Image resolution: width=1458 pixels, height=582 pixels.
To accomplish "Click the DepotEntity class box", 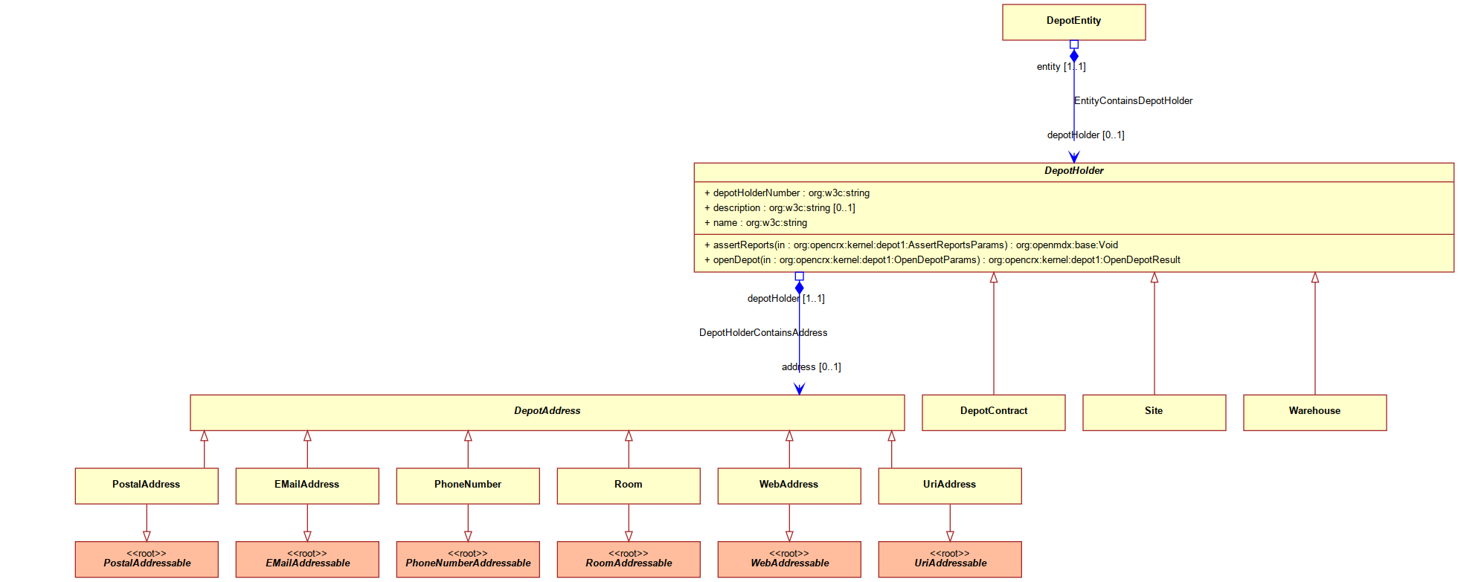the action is [x=1073, y=22].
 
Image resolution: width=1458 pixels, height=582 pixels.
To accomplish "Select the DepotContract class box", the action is [x=993, y=413].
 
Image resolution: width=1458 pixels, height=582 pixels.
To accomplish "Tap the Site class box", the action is [x=1154, y=413].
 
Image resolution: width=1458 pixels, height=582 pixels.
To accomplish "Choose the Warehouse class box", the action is [x=1314, y=413].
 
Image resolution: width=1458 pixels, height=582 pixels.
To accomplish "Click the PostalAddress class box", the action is [x=147, y=486].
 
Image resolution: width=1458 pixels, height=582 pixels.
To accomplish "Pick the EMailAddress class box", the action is [x=307, y=486].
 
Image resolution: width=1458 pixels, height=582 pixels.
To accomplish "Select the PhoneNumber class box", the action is [x=468, y=486].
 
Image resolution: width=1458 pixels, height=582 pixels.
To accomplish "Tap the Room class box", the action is [x=629, y=486].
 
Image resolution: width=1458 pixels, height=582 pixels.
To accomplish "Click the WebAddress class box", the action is [x=789, y=486].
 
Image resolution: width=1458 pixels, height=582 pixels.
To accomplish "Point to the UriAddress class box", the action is [x=950, y=486].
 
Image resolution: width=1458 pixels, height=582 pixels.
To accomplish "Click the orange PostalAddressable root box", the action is [x=147, y=560].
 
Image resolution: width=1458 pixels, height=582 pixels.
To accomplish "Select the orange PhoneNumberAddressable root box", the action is [x=468, y=560].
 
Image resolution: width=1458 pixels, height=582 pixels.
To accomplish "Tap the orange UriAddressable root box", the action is [x=950, y=560].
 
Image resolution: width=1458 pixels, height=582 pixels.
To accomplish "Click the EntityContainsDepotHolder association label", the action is [x=1133, y=101].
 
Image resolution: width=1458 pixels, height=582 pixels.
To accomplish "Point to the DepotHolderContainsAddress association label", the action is [x=763, y=333].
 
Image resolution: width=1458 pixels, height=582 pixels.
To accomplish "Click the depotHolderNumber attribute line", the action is [x=787, y=193].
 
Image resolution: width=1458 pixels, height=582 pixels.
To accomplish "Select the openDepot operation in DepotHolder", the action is [x=942, y=260].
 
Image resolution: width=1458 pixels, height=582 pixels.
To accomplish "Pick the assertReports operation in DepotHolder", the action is [x=911, y=245].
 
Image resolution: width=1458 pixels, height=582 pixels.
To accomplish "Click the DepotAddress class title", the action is [x=547, y=411].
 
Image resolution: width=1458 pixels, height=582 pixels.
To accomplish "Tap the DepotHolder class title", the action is [x=1073, y=171].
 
